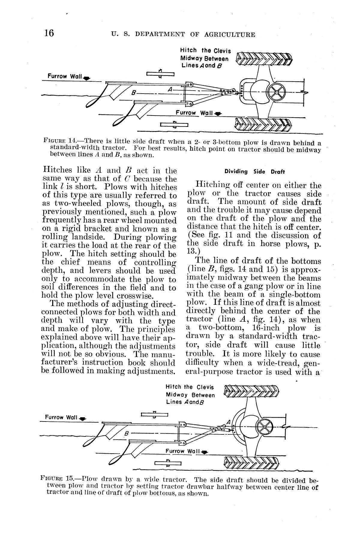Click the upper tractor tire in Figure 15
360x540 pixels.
[251, 391]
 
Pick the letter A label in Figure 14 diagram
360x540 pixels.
[170, 89]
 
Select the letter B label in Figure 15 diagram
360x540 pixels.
[126, 434]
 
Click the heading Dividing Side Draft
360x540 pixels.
[254, 172]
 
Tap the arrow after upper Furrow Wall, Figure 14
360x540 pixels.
[87, 78]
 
